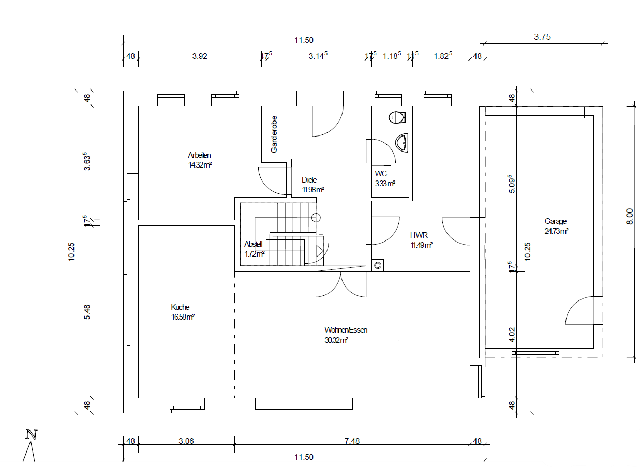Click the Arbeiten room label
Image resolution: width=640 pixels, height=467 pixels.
point(199,155)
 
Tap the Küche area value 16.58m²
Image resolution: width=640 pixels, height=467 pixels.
point(183,317)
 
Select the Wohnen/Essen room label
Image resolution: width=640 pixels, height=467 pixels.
point(346,330)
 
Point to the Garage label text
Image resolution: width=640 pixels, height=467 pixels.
point(556,221)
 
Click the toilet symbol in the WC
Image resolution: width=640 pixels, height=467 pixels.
point(397,117)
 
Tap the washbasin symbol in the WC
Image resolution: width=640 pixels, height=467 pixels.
point(401,142)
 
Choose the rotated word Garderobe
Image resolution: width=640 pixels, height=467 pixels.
point(274,134)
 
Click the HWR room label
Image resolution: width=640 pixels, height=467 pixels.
point(419,235)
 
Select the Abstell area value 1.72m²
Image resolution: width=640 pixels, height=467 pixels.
point(254,253)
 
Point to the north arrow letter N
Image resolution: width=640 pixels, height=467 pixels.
point(32,434)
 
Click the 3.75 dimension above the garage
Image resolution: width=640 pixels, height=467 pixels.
point(542,37)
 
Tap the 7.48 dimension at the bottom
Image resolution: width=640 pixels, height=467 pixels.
point(352,441)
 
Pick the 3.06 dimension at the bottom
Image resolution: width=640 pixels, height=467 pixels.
point(186,441)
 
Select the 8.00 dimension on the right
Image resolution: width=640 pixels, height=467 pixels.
point(630,217)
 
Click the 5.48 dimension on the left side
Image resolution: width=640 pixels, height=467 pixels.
point(87,312)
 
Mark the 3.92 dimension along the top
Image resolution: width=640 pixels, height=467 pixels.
point(199,56)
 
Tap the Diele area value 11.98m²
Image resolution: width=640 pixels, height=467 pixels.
point(313,190)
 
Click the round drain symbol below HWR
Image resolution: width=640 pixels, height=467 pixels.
point(378,266)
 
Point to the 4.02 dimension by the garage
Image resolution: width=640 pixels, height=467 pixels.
point(512,335)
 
